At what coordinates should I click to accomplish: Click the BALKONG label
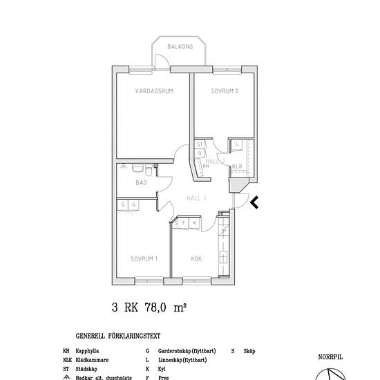point(179,47)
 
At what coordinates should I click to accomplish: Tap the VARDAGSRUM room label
point(154,91)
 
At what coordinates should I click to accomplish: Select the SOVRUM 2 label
point(225,91)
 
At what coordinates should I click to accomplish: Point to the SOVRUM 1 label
point(144,259)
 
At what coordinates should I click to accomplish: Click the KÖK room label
point(196,259)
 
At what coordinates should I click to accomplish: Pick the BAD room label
point(141,183)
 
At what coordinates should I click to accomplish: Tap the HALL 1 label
point(197,198)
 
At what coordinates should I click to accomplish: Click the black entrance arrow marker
point(254,202)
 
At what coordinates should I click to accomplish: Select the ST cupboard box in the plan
point(200,144)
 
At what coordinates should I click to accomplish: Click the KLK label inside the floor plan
point(237,167)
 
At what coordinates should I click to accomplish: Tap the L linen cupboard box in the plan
point(237,144)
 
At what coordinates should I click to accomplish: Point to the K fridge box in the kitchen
point(195,223)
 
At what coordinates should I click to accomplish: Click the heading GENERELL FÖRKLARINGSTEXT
point(118,336)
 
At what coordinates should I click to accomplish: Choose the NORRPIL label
point(330,357)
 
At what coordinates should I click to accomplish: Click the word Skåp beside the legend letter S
point(249,351)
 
